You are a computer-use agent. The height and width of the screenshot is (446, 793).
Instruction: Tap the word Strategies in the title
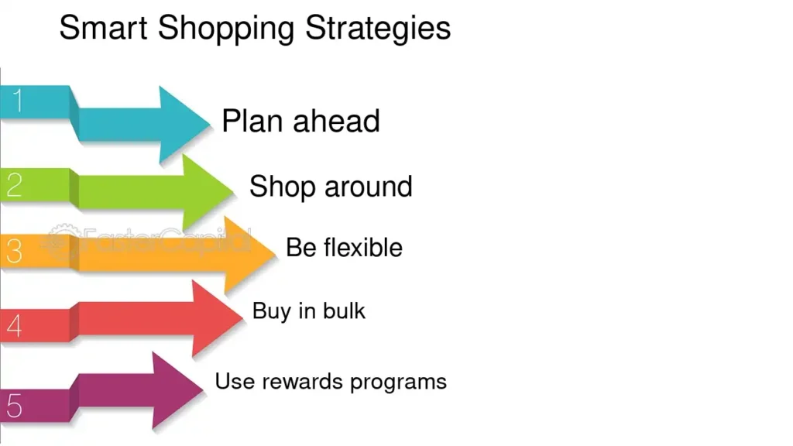pyautogui.click(x=378, y=29)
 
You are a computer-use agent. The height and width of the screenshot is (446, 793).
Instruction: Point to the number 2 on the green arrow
pyautogui.click(x=15, y=186)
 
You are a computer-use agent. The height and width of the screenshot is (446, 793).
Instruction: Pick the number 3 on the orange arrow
pyautogui.click(x=15, y=252)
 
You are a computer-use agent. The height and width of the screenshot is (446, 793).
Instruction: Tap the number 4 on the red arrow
pyautogui.click(x=15, y=326)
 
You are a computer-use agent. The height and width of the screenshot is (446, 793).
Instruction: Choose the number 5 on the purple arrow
pyautogui.click(x=15, y=404)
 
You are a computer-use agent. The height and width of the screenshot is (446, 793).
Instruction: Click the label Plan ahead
pyautogui.click(x=300, y=122)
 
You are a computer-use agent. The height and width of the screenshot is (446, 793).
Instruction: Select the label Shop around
pyautogui.click(x=331, y=187)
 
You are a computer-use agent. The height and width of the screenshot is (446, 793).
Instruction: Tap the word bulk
pyautogui.click(x=346, y=311)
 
